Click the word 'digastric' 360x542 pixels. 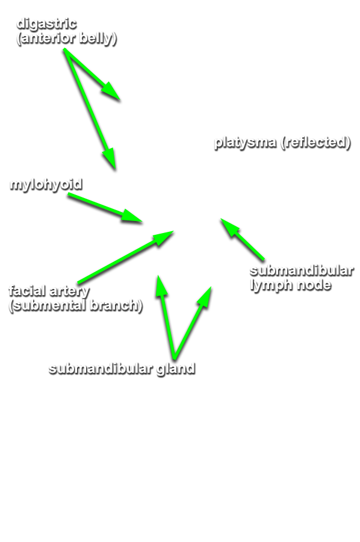click(x=46, y=24)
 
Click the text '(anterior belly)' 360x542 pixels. click(x=66, y=38)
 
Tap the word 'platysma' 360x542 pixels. click(x=245, y=142)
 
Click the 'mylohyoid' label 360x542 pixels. click(x=46, y=185)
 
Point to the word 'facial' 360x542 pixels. click(x=28, y=291)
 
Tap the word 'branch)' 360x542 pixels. click(x=116, y=305)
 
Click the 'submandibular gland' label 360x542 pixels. click(x=122, y=369)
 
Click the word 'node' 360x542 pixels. click(x=314, y=285)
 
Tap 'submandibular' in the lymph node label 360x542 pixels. click(x=302, y=270)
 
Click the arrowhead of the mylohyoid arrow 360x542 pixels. click(x=132, y=216)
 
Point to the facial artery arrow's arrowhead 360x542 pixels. click(x=163, y=237)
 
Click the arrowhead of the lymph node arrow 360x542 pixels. click(x=229, y=227)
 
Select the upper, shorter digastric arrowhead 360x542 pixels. click(x=111, y=92)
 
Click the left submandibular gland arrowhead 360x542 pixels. click(x=161, y=286)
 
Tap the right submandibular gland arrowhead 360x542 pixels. click(x=205, y=297)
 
